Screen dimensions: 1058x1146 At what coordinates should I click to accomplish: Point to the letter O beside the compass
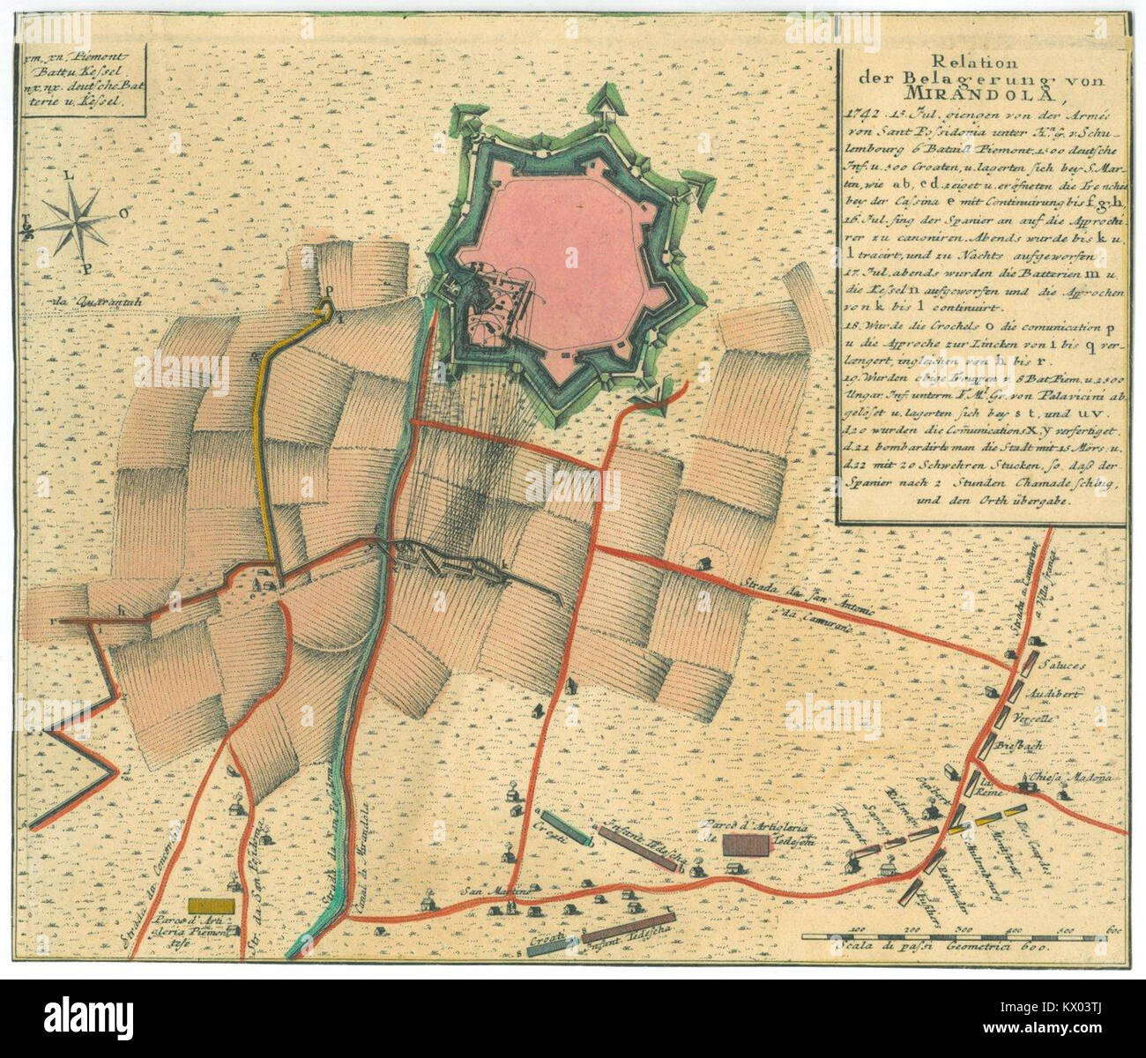click(x=127, y=212)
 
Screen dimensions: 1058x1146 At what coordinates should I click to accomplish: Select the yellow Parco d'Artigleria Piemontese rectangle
click(x=211, y=905)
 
